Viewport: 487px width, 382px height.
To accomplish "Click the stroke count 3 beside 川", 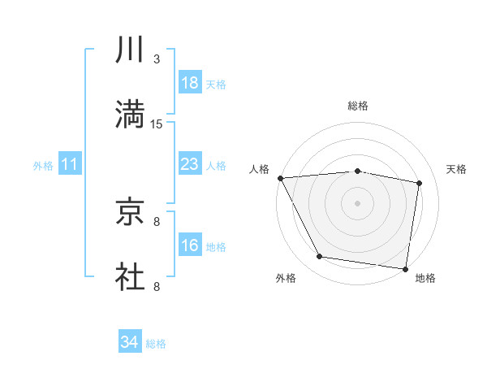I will [x=157, y=59].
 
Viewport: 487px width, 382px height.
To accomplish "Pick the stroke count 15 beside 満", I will [x=157, y=124].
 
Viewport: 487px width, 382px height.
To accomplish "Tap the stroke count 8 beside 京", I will [x=157, y=221].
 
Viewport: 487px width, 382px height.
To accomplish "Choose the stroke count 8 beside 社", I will [x=157, y=286].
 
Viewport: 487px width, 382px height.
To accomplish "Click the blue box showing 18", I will [x=189, y=84].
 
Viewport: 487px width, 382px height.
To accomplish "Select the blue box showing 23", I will [x=189, y=165].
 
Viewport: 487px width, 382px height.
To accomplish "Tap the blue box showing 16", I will [x=189, y=246].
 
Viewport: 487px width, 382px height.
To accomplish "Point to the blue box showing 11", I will [x=70, y=165].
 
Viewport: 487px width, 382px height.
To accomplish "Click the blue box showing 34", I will [x=130, y=343].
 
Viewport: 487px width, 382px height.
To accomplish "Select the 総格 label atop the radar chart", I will [x=358, y=106].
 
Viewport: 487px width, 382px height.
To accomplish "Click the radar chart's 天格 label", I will [x=456, y=169].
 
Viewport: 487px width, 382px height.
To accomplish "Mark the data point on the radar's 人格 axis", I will [x=280, y=178].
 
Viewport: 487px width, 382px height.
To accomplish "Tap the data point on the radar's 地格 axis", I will [x=405, y=268].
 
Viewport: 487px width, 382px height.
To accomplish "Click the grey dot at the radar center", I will [x=358, y=202].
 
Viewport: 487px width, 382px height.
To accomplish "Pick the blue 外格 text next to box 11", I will [x=43, y=166].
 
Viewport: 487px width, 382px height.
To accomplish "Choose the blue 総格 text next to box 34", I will [x=156, y=344].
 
